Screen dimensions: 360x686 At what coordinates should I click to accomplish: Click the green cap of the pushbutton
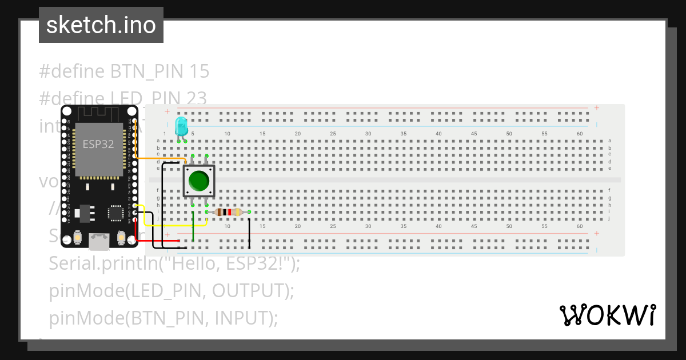click(x=198, y=181)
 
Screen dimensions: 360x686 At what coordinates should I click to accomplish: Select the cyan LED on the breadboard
click(x=181, y=126)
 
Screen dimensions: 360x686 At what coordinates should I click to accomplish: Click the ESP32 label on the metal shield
click(x=98, y=144)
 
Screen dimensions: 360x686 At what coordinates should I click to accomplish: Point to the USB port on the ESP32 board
click(x=99, y=241)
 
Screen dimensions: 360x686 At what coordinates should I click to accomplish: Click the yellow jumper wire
click(x=171, y=226)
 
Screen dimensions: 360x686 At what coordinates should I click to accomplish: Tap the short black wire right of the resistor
click(x=249, y=231)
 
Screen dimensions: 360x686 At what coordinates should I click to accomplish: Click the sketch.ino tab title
click(x=101, y=25)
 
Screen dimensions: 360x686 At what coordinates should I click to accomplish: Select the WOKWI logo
click(x=607, y=315)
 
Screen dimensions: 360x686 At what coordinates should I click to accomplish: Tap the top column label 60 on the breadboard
click(x=580, y=134)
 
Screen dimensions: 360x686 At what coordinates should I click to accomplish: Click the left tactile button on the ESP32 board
click(x=77, y=237)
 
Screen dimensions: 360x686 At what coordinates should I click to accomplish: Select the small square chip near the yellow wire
click(x=116, y=213)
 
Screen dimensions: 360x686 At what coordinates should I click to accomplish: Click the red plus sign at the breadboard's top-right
click(x=596, y=107)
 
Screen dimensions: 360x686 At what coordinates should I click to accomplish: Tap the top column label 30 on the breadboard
click(x=368, y=134)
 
